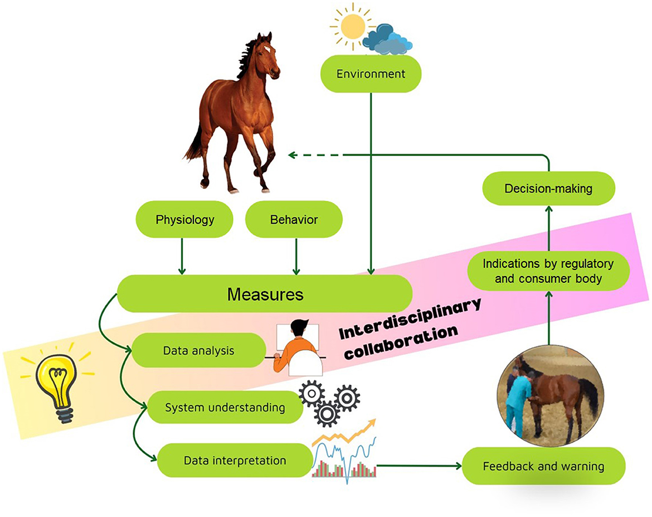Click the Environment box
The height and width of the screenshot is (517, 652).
[371, 74]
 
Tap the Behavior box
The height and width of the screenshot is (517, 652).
[294, 220]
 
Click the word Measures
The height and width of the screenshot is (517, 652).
[265, 294]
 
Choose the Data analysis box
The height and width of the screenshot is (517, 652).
[198, 351]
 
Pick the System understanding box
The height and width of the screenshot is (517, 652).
[225, 407]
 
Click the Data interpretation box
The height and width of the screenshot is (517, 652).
[235, 461]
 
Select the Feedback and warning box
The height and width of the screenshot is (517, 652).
[543, 466]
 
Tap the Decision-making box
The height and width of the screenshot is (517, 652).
[548, 189]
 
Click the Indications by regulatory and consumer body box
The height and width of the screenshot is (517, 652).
[548, 270]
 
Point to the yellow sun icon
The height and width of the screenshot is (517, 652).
[352, 25]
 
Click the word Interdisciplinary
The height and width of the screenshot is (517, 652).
[410, 318]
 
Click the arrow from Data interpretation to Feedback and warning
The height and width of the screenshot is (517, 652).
[418, 465]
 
